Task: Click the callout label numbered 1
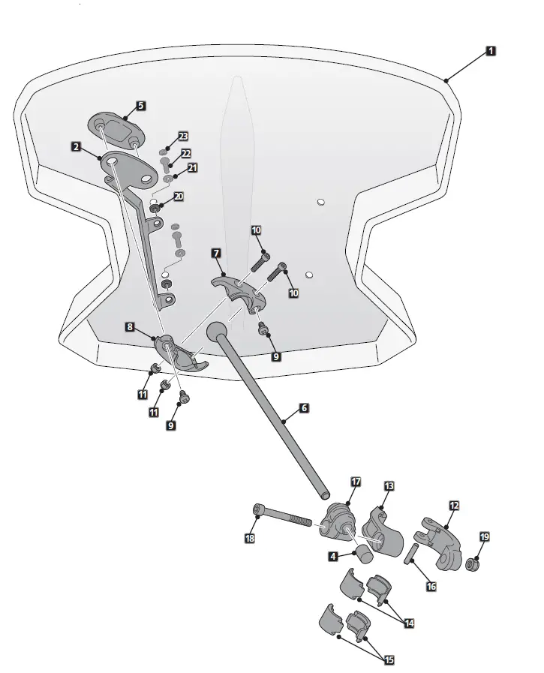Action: pyautogui.click(x=490, y=52)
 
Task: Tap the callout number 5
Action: pyautogui.click(x=141, y=106)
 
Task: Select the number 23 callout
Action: pyautogui.click(x=183, y=137)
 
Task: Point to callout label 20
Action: pyautogui.click(x=179, y=196)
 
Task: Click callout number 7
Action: pyautogui.click(x=216, y=254)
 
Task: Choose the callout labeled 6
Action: pyautogui.click(x=303, y=408)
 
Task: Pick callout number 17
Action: pyautogui.click(x=356, y=481)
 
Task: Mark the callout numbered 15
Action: pyautogui.click(x=389, y=660)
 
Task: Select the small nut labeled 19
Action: pyautogui.click(x=473, y=563)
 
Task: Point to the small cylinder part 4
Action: pyautogui.click(x=363, y=554)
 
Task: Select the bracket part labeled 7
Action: pyautogui.click(x=239, y=291)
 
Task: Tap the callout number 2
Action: pyautogui.click(x=77, y=147)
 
